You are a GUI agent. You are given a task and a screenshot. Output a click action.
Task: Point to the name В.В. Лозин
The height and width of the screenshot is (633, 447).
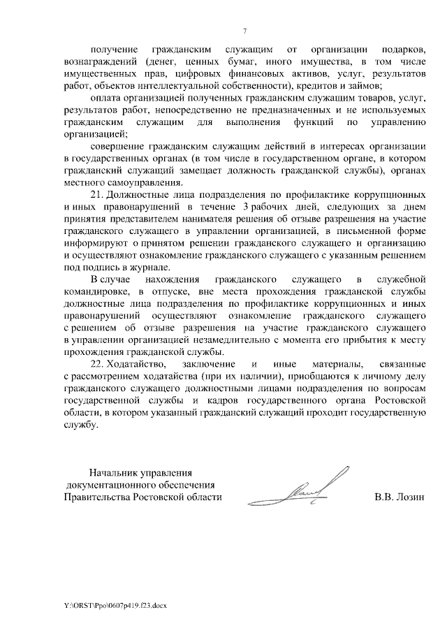tap(400, 497)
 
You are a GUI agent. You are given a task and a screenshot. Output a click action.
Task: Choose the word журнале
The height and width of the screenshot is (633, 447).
tap(149, 267)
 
